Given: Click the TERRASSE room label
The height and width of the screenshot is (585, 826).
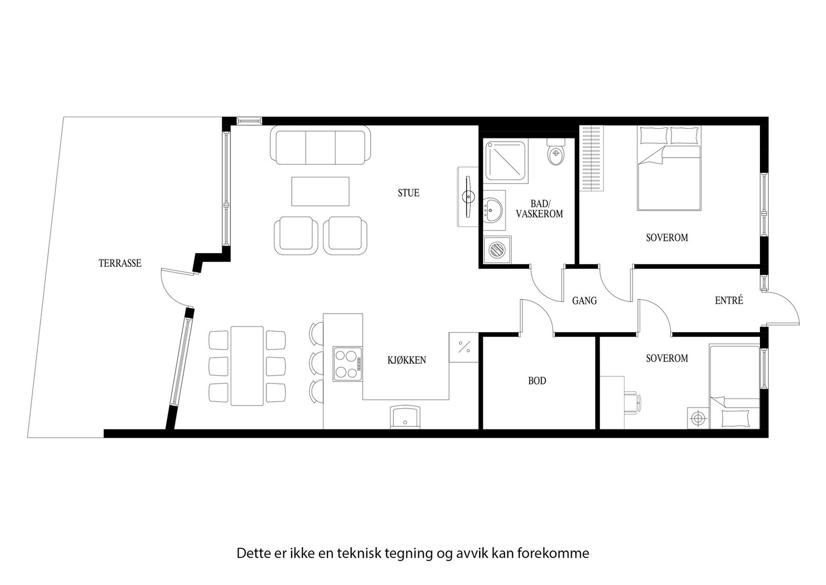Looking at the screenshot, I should point(120,264).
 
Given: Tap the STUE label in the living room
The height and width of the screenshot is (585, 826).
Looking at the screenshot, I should point(408,193).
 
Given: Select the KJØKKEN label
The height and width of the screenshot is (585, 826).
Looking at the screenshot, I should point(407,360).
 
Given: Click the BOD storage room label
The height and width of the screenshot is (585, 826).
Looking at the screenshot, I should point(537,381).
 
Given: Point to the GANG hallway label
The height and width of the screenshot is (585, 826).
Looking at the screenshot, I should point(584,301).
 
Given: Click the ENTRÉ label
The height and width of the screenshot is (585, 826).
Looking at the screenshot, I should point(729,300).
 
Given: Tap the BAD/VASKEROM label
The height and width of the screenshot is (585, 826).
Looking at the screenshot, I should point(539,209).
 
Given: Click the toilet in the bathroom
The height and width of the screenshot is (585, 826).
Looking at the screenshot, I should point(556,153).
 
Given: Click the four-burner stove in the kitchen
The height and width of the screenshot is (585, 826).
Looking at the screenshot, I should point(346,364).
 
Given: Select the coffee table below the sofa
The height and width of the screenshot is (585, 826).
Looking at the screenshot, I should point(321,191).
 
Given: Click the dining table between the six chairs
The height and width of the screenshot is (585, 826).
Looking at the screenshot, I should point(247,366).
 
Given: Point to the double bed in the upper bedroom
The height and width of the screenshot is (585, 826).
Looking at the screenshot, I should point(669,171).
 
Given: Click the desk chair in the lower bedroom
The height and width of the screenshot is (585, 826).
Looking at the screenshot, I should point(632,401).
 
